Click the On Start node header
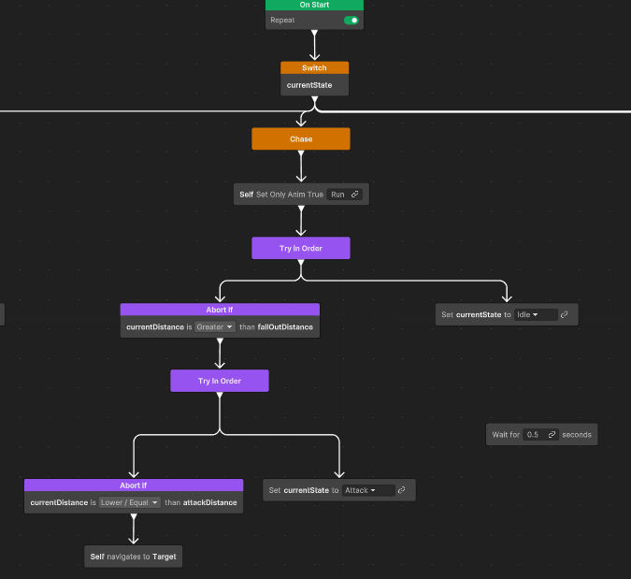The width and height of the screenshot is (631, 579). coord(314,5)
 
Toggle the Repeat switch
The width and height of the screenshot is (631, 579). coord(351,21)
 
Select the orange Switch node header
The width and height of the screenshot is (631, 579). coord(314,67)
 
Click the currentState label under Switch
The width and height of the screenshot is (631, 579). coord(309,85)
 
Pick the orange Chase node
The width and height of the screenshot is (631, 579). coord(301,139)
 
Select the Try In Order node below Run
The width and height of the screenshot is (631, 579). coord(301,248)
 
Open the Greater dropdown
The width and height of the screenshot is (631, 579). coord(214,327)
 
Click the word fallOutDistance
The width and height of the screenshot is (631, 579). coord(285,327)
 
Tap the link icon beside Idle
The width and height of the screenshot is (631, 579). coord(565,314)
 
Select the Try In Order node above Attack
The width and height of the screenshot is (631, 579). coord(220,381)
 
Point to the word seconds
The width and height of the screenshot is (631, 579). coord(577,434)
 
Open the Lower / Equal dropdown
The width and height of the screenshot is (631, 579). coord(130,502)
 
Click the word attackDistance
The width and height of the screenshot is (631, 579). coord(209,502)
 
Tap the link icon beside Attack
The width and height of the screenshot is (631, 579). coord(401,490)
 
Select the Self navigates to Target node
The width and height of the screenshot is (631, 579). coord(133,557)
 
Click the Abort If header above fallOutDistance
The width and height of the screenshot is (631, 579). coord(220,310)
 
